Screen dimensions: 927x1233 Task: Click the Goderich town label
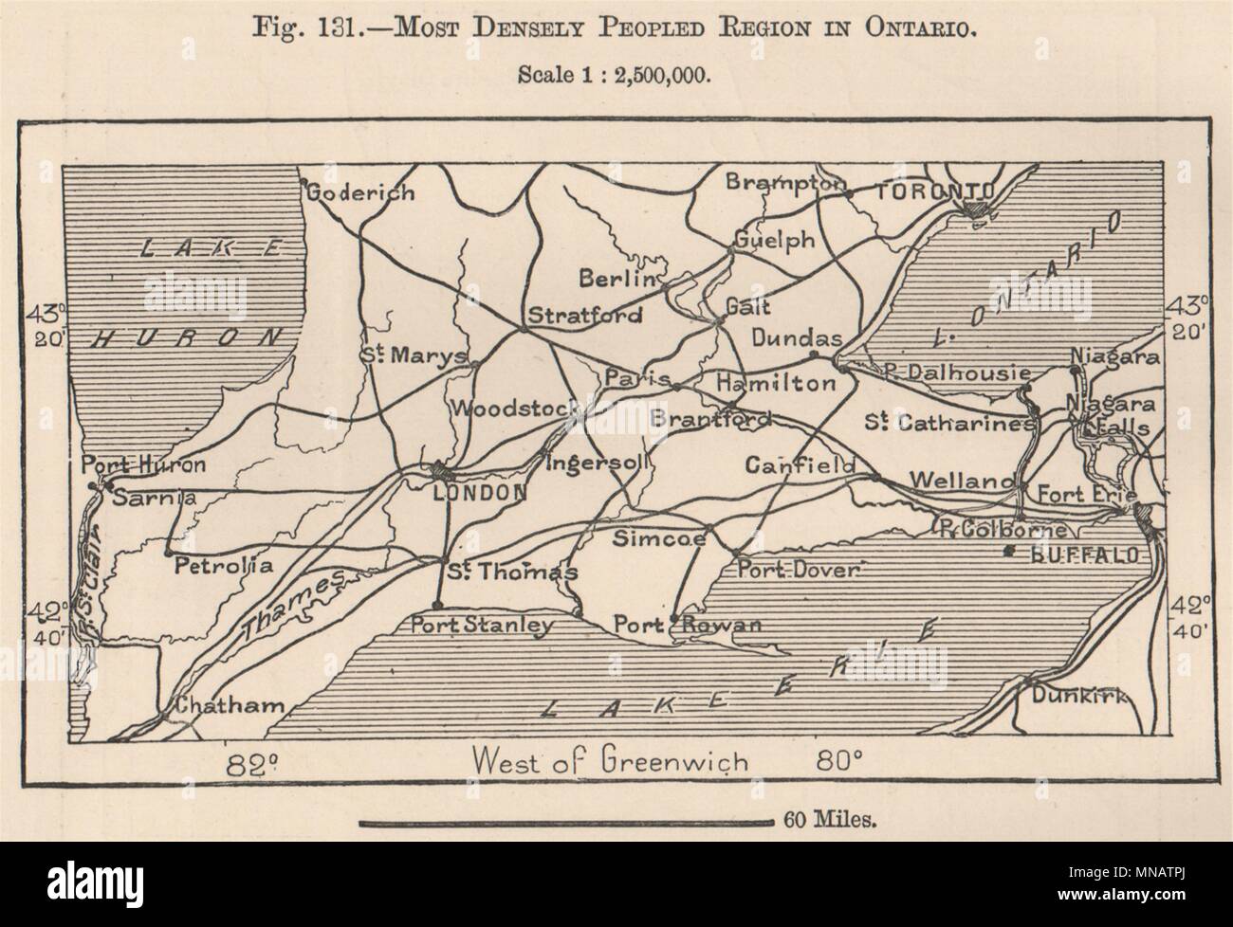(x=361, y=192)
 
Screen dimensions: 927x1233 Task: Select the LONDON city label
(x=479, y=492)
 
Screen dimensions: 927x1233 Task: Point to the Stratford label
(x=584, y=315)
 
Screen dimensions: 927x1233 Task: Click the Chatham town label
(x=228, y=706)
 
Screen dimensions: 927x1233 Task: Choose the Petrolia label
(x=224, y=566)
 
